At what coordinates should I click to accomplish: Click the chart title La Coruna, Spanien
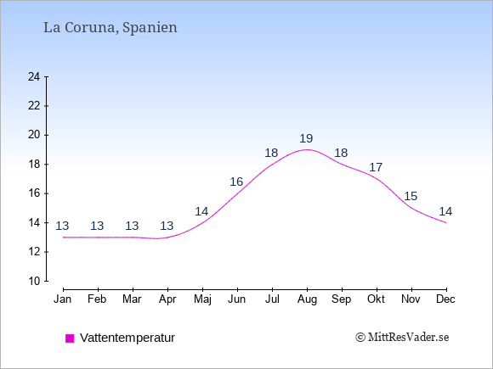[x=110, y=28]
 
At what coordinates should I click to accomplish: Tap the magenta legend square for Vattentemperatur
[x=70, y=338]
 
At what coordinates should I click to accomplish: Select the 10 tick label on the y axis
[x=34, y=281]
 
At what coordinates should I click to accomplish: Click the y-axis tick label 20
[x=34, y=135]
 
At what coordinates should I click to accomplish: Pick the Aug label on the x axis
[x=307, y=299]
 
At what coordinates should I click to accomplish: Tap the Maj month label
[x=202, y=299]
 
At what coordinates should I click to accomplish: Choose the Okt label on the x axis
[x=376, y=299]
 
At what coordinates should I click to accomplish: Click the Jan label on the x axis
[x=63, y=299]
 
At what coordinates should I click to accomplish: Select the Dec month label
[x=445, y=299]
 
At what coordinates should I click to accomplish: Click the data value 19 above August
[x=306, y=138]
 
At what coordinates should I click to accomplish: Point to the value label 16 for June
[x=236, y=182]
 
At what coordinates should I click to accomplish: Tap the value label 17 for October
[x=376, y=167]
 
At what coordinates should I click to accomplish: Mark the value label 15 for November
[x=411, y=197]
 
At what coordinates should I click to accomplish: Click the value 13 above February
[x=97, y=226]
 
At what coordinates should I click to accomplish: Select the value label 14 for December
[x=445, y=211]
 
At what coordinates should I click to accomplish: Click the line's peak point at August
[x=307, y=149]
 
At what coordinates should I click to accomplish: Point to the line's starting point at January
[x=64, y=238]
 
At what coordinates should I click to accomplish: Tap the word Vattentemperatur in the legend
[x=127, y=338]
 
